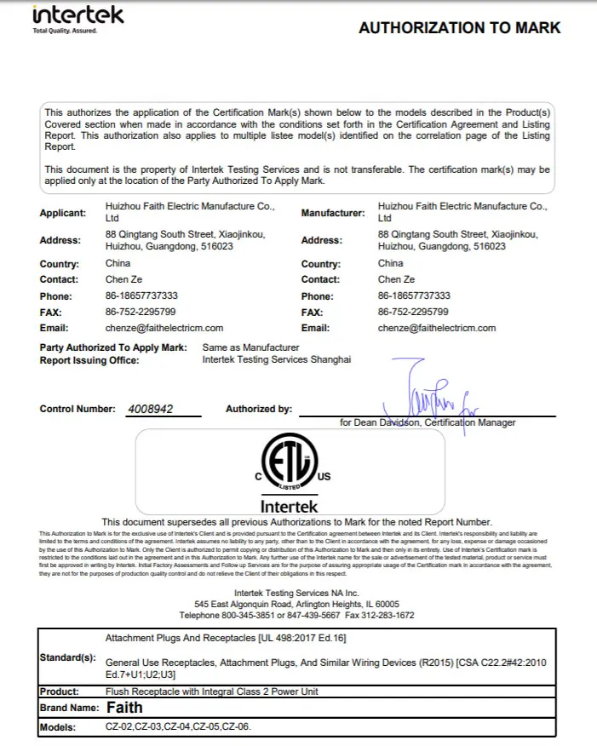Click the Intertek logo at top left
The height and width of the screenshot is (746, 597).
(77, 17)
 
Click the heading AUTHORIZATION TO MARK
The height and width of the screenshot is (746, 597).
(459, 28)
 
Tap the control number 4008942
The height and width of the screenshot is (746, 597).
(150, 409)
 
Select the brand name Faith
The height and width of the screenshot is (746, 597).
(124, 708)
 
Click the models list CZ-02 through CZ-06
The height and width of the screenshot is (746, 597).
(178, 727)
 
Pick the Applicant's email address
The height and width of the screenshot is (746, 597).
(164, 328)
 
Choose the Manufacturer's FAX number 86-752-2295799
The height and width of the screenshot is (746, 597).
(413, 312)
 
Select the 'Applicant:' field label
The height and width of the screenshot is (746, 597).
(63, 214)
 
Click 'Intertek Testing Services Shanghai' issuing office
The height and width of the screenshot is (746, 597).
(276, 360)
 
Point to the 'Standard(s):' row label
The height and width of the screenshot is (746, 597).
(67, 658)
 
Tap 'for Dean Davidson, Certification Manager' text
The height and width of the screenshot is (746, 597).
(428, 422)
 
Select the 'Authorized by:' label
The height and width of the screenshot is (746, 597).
(259, 410)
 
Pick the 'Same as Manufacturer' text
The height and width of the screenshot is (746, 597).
(250, 347)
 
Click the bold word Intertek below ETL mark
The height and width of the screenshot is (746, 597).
(290, 507)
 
